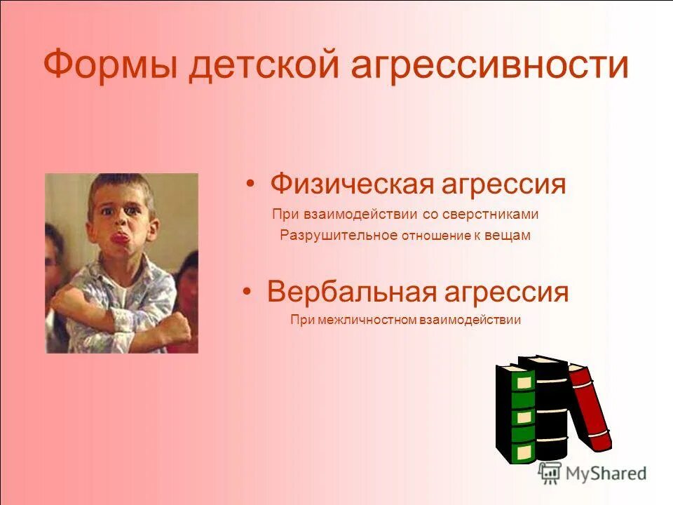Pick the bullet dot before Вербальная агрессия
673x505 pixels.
pos(247,292)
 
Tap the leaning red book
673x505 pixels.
pos(590,407)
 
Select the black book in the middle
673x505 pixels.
pos(550,407)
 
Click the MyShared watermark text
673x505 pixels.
pos(606,473)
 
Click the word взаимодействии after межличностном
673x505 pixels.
pos(470,320)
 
